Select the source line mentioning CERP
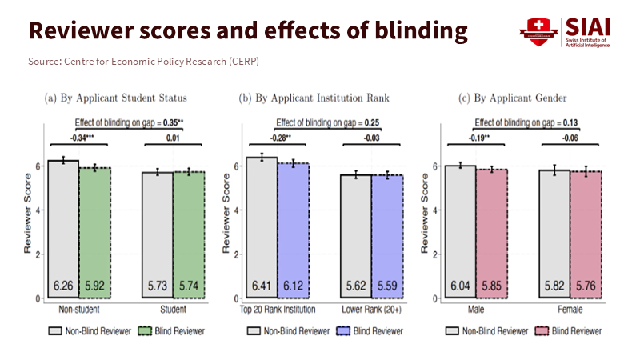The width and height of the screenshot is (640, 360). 143,62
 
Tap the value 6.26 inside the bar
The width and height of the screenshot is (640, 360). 63,285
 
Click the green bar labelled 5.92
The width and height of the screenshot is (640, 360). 94,232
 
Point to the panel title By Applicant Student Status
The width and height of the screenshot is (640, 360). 115,98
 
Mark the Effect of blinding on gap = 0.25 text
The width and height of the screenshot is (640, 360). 324,122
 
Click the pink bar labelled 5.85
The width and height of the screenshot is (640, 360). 493,233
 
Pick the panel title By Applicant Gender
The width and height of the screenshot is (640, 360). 511,98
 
